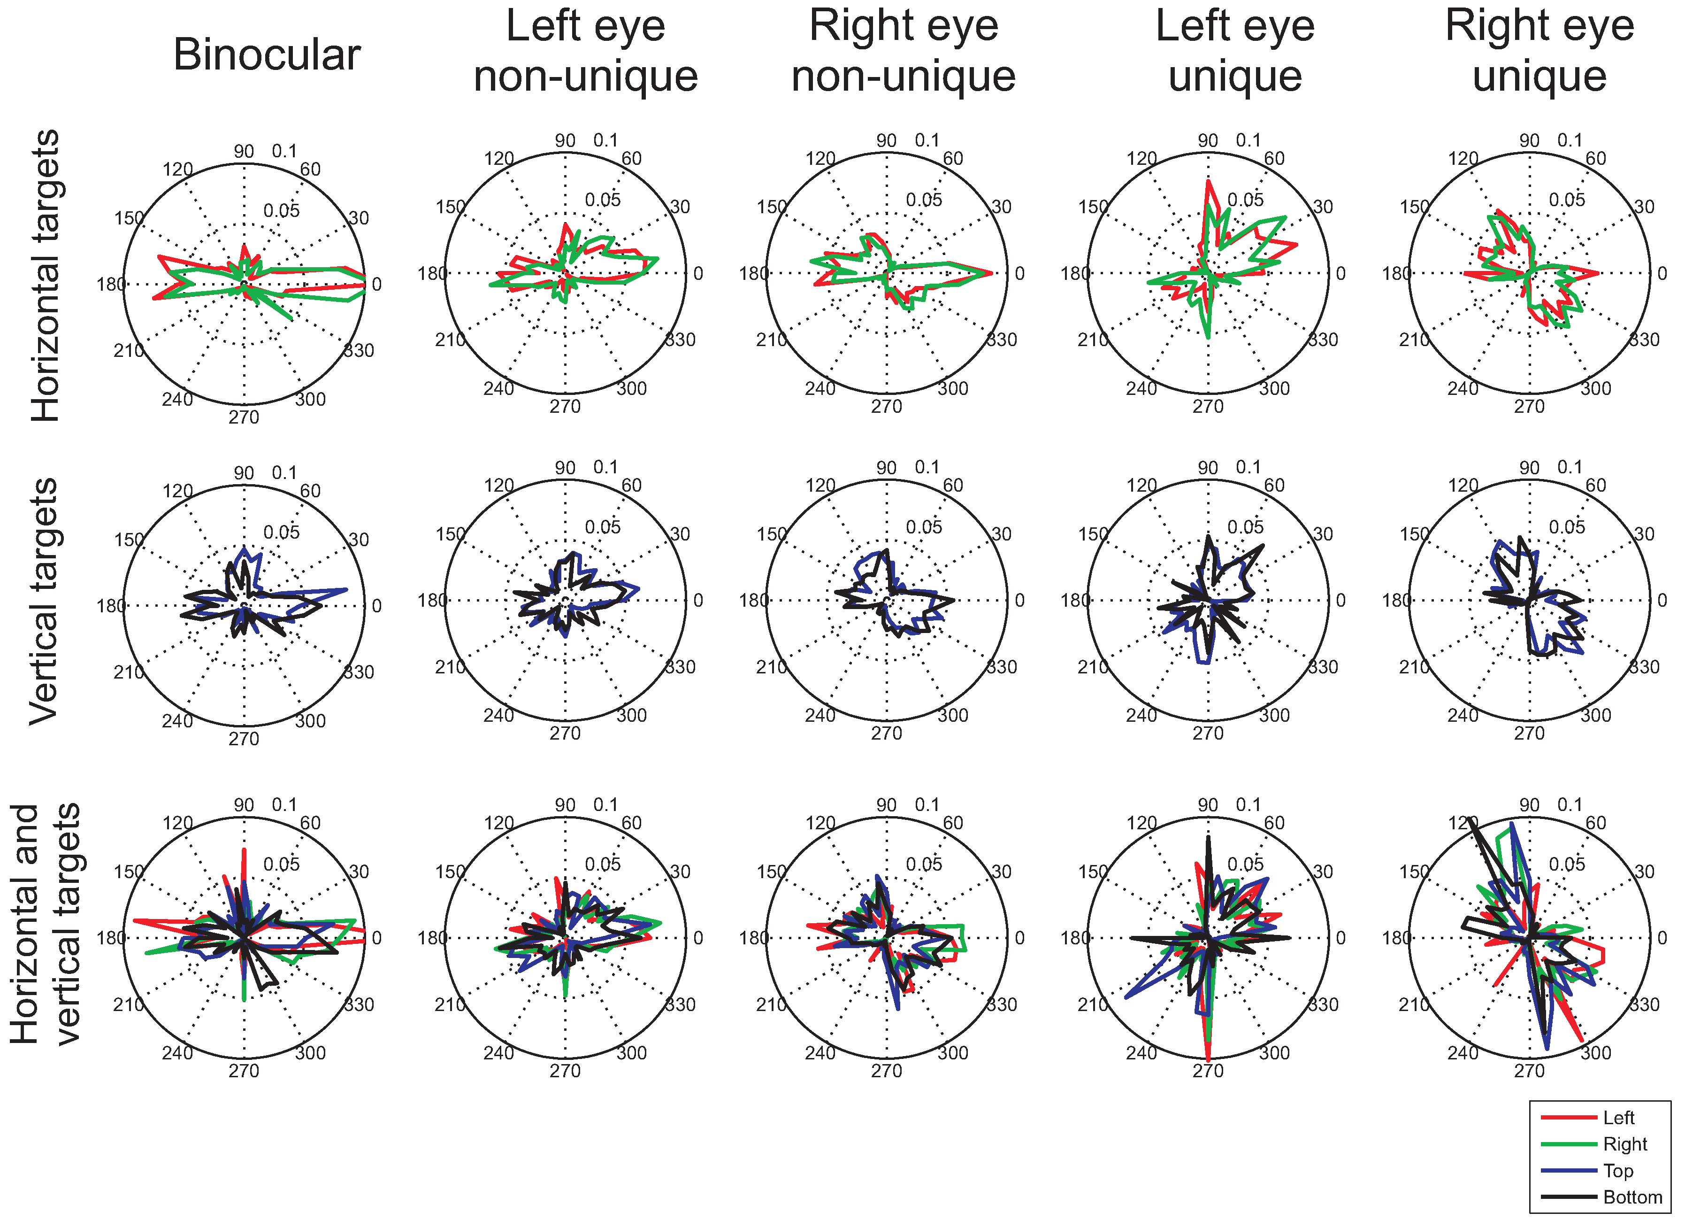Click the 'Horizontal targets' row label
(x=45, y=275)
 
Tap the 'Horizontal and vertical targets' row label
(x=45, y=924)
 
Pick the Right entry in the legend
(x=1625, y=1144)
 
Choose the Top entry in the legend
(x=1618, y=1171)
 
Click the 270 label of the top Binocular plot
(x=244, y=418)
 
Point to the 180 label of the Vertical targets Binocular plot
(x=111, y=606)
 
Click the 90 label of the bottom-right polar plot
(x=1529, y=805)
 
